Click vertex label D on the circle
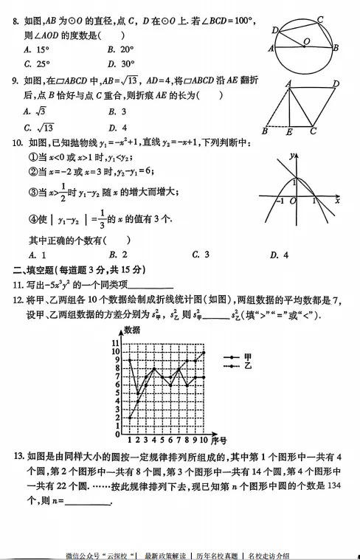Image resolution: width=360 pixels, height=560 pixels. tap(274, 30)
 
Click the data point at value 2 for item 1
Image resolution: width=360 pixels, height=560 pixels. tap(130, 417)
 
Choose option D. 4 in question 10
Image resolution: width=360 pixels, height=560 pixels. tap(278, 255)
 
